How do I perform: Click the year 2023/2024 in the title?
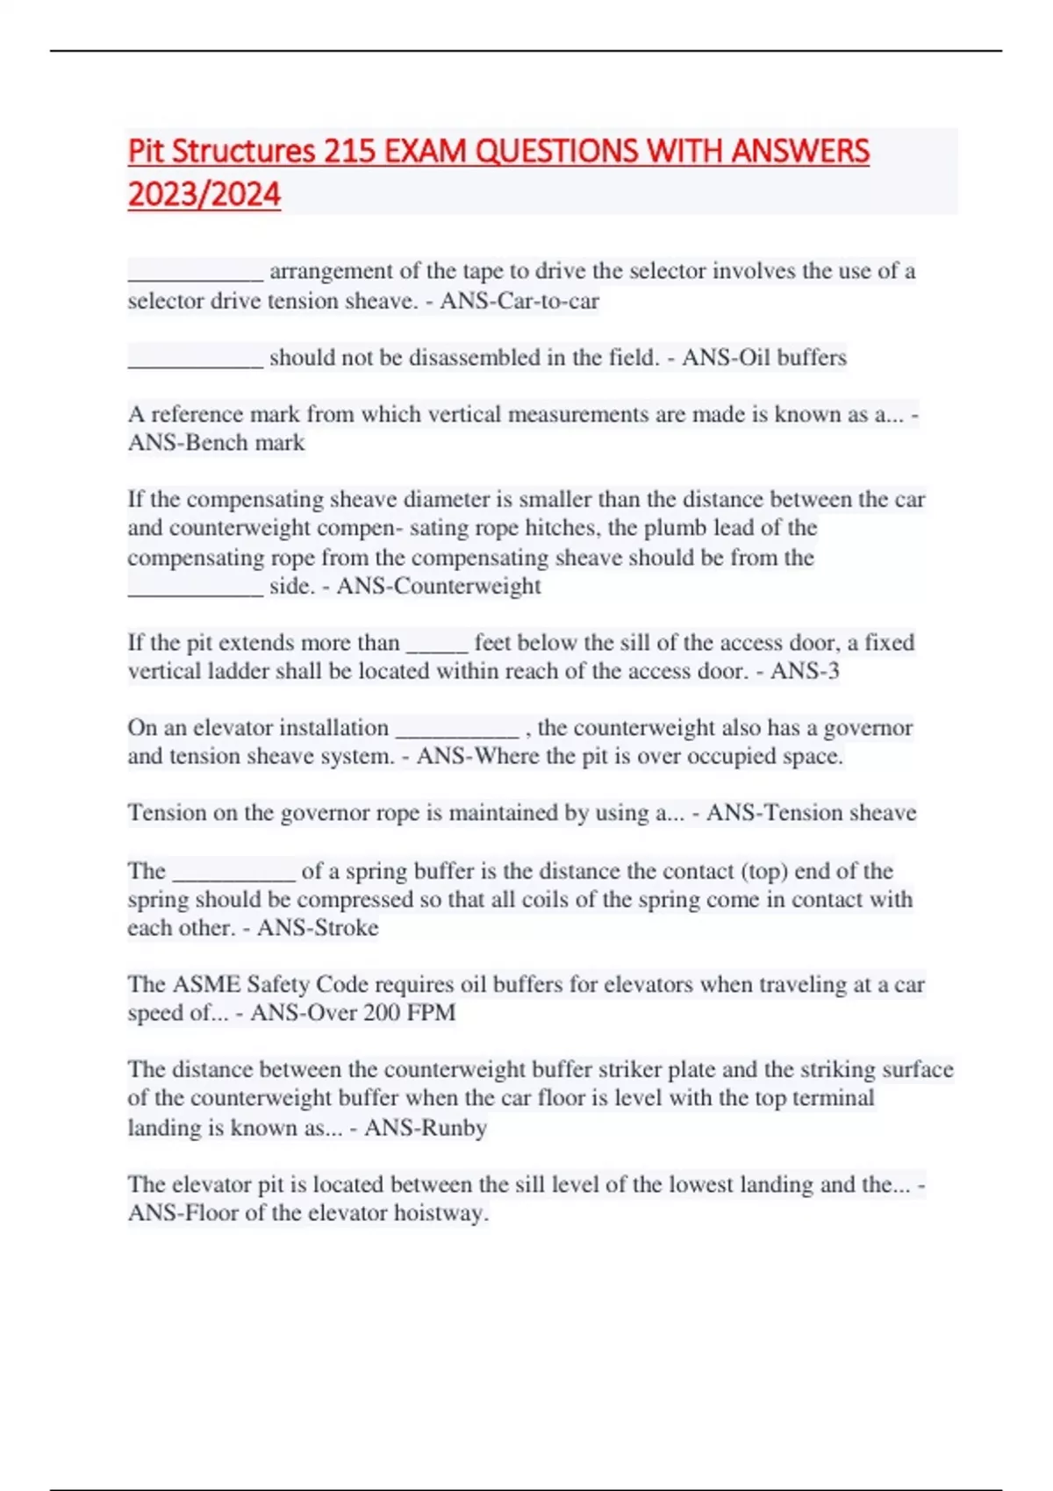[204, 194]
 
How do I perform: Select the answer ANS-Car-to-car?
[519, 301]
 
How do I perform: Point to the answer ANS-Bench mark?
[217, 442]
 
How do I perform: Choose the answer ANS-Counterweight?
[439, 586]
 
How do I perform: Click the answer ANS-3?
[805, 671]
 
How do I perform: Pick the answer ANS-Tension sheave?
[811, 813]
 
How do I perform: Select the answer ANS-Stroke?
[318, 928]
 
